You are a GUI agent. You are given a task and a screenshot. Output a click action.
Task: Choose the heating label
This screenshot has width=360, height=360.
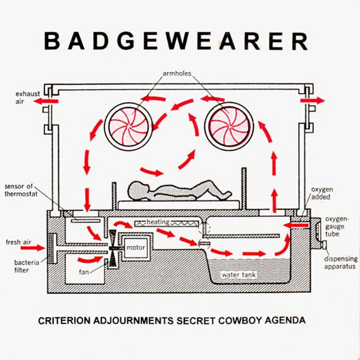pos(158,223)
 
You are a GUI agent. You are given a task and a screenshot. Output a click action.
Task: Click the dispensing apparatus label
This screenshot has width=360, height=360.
pos(339,263)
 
